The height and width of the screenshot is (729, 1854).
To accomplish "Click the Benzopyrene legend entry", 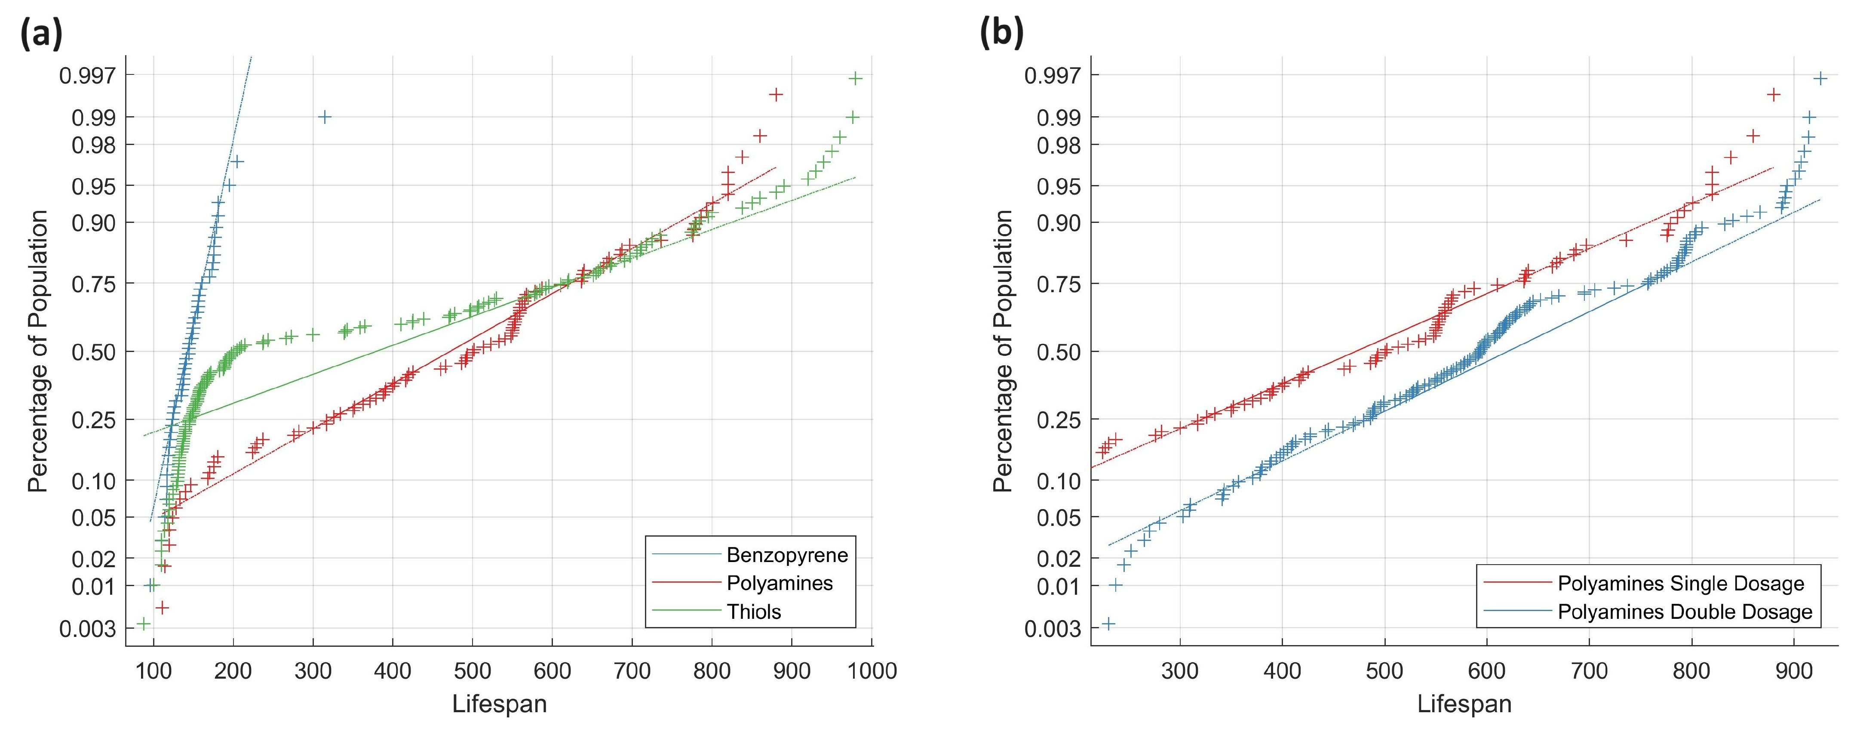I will (787, 555).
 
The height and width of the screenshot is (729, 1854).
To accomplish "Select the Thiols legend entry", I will (754, 612).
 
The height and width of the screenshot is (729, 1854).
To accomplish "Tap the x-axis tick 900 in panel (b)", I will (1793, 670).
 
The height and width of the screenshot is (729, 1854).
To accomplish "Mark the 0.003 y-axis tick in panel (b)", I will (1052, 629).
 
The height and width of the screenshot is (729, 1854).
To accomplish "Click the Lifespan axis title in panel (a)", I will (500, 704).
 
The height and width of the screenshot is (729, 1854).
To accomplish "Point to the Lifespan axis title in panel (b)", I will (1464, 704).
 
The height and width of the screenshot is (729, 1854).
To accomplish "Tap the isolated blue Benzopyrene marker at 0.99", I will (325, 117).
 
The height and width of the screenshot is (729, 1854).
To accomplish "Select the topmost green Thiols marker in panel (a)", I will (856, 78).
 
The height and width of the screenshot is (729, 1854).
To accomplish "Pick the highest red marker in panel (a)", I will (776, 94).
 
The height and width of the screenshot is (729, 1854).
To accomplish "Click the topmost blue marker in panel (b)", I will (1820, 78).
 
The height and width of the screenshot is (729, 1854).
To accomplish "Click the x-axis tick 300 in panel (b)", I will (1180, 670).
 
